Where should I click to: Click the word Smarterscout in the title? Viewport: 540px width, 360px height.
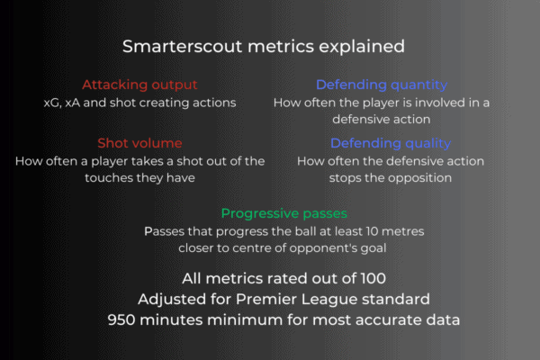coord(183,46)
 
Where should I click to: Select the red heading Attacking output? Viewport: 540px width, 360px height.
coord(139,85)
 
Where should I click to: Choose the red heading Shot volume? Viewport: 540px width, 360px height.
coord(139,143)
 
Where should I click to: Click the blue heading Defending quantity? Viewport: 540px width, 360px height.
coord(382,85)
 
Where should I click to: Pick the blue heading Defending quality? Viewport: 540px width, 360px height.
coord(391,144)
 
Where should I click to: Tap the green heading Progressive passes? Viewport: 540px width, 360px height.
coord(284,213)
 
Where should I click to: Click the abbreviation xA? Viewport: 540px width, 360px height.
coord(72,103)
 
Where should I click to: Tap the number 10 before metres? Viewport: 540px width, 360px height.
coord(372,231)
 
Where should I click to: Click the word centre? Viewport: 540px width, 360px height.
coord(251,248)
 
